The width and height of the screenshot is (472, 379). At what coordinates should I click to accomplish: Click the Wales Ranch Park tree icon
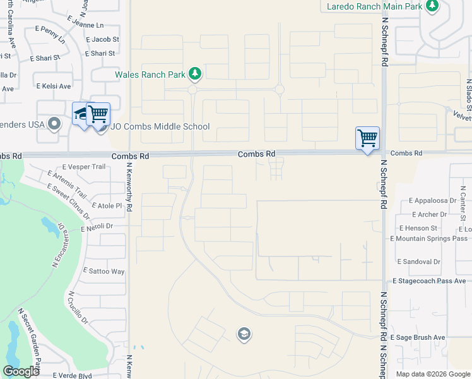[x=195, y=75]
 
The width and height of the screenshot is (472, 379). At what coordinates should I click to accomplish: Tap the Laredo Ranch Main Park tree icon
[x=432, y=6]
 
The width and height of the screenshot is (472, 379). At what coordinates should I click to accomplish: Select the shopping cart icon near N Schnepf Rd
[x=367, y=137]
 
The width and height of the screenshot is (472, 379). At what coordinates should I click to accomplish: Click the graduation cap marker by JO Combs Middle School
[x=82, y=113]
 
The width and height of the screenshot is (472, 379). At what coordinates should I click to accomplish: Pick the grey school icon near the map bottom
[x=244, y=334]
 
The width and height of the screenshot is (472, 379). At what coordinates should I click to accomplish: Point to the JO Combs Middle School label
[x=160, y=126]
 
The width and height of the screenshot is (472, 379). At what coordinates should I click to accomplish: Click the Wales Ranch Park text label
[x=150, y=75]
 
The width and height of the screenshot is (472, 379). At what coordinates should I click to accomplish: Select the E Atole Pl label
[x=107, y=205]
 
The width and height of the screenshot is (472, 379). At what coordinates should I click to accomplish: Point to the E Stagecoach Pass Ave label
[x=429, y=280]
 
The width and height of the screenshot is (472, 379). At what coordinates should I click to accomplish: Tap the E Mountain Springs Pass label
[x=429, y=238]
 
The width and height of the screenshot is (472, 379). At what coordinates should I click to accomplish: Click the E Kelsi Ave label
[x=54, y=85]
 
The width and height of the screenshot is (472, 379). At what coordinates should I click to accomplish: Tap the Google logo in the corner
[x=21, y=371]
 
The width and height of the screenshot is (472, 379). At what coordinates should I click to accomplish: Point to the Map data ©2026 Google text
[x=432, y=374]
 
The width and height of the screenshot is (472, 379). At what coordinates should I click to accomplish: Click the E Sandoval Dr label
[x=418, y=261]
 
